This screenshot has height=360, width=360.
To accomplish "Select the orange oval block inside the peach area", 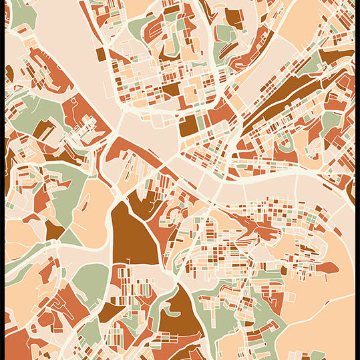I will click(325, 268).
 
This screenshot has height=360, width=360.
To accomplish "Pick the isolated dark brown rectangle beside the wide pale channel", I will click(100, 54).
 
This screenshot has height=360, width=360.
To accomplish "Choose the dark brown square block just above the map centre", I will click(189, 125).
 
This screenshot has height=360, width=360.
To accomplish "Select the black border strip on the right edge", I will click(357, 180).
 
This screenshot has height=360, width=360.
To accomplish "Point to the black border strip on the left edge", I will click(2, 180).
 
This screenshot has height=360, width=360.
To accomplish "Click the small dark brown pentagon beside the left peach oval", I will click(54, 231).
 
